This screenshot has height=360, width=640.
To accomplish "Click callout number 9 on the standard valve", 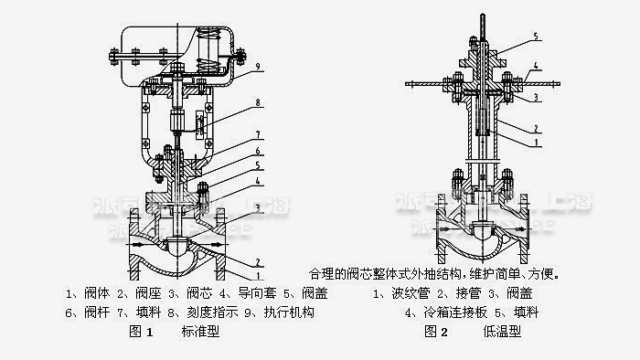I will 260,66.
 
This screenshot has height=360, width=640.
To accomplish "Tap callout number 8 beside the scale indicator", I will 259,103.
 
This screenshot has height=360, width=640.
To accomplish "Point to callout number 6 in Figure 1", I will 259,151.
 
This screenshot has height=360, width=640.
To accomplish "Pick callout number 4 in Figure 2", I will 537,66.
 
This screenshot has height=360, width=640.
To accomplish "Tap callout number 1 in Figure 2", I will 537,142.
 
